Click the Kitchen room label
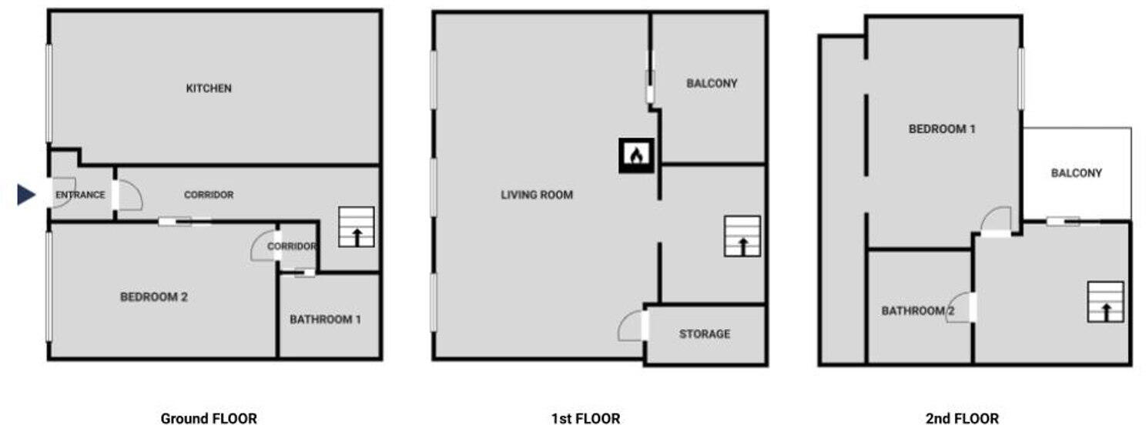click(x=209, y=89)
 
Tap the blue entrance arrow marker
click(x=26, y=194)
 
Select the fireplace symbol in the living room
click(x=636, y=155)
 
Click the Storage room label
click(x=705, y=334)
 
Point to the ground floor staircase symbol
click(x=356, y=227)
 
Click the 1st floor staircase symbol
click(x=742, y=236)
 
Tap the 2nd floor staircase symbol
click(x=1105, y=302)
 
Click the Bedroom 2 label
click(x=153, y=297)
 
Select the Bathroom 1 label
click(x=325, y=320)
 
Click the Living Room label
click(x=537, y=195)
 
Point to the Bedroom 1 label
click(x=942, y=129)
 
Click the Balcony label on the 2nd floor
click(x=1077, y=173)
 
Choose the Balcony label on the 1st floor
click(x=712, y=83)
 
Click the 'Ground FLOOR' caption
click(x=209, y=418)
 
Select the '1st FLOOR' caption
click(x=586, y=418)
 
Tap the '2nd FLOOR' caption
click(x=963, y=418)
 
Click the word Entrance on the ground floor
click(x=80, y=195)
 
